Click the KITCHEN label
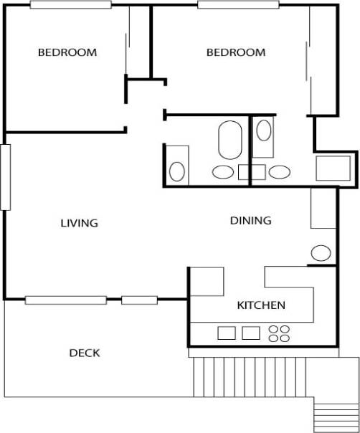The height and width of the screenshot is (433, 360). [x=261, y=305]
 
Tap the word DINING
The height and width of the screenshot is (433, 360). [x=250, y=221]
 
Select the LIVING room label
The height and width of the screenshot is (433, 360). [x=79, y=223]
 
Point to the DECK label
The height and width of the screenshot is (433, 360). [x=84, y=353]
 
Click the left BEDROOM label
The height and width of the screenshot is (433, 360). [x=67, y=52]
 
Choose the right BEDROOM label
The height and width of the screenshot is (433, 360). [x=236, y=52]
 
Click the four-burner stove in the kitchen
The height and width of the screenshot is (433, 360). [x=279, y=333]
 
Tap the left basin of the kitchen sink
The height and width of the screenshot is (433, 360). [x=227, y=333]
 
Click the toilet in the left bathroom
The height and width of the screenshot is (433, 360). [x=177, y=171]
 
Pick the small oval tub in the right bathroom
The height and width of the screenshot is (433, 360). [x=264, y=131]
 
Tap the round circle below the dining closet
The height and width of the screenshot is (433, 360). [x=321, y=252]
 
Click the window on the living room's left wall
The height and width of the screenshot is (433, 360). [x=6, y=177]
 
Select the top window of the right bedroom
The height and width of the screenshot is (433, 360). [x=238, y=5]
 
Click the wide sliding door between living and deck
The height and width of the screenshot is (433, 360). [x=65, y=300]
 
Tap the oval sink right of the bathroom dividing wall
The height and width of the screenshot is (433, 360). [x=279, y=171]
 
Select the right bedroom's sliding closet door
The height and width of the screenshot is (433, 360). [x=311, y=61]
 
